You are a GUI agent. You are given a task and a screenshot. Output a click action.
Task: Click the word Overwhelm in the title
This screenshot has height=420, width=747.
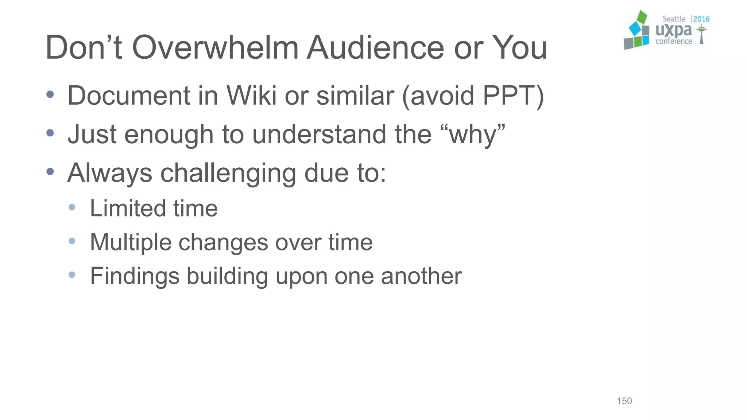215,47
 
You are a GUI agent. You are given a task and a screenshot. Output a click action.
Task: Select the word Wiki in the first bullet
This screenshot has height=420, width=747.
251,96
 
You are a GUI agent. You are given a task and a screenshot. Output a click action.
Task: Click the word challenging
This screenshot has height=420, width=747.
228,173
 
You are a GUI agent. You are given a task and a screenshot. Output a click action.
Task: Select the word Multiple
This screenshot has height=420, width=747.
131,242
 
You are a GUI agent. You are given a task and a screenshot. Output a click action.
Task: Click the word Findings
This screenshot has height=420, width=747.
135,276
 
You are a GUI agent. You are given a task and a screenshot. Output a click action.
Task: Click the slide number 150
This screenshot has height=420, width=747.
624,401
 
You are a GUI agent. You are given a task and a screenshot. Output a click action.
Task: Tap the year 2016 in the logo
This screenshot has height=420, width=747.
701,19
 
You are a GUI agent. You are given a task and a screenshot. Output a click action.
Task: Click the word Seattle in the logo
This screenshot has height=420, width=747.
674,19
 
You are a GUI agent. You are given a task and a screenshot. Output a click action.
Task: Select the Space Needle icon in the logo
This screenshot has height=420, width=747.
701,35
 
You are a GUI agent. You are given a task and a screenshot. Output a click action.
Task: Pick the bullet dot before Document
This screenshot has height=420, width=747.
50,95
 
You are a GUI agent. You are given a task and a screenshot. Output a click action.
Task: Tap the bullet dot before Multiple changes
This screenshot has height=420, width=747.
72,241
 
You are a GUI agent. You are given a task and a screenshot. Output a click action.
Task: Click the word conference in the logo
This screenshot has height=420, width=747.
674,42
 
